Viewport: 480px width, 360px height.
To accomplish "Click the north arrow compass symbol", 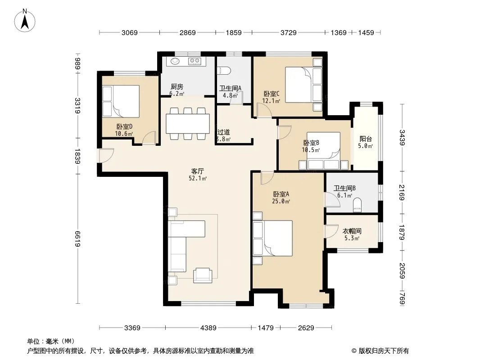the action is pyautogui.click(x=25, y=21).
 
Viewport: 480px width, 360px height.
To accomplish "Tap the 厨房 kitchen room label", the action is pyautogui.click(x=177, y=87).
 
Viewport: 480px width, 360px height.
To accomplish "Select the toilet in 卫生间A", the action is pyautogui.click(x=223, y=71).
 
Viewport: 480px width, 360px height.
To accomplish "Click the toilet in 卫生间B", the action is pyautogui.click(x=357, y=205).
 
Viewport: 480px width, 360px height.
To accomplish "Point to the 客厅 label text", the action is pyautogui.click(x=198, y=171).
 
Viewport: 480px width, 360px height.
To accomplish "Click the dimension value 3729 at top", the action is pyautogui.click(x=288, y=32).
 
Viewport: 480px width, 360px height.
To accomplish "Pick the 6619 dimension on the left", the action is pyautogui.click(x=78, y=239).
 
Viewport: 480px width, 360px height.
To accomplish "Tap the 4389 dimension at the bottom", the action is pyautogui.click(x=208, y=328).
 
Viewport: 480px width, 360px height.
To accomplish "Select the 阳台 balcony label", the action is pyautogui.click(x=366, y=139).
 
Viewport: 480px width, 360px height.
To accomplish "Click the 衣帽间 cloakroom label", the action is pyautogui.click(x=352, y=231).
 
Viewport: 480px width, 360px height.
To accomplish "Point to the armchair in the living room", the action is pyautogui.click(x=202, y=275).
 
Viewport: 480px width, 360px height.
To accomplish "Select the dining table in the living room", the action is pyautogui.click(x=188, y=124).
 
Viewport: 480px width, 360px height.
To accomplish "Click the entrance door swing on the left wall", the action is pyautogui.click(x=106, y=155).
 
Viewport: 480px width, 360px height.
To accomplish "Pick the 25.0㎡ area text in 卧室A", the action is pyautogui.click(x=281, y=201).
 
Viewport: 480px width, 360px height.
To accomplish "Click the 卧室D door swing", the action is pyautogui.click(x=149, y=138).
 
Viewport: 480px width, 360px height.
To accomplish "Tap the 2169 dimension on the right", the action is pyautogui.click(x=402, y=193).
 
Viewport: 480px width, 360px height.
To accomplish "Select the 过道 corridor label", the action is pyautogui.click(x=223, y=132).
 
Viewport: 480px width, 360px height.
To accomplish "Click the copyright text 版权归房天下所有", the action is pyautogui.click(x=384, y=351).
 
